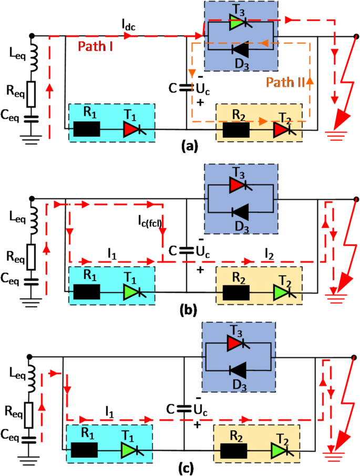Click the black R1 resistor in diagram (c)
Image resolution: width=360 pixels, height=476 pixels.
[85, 450]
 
